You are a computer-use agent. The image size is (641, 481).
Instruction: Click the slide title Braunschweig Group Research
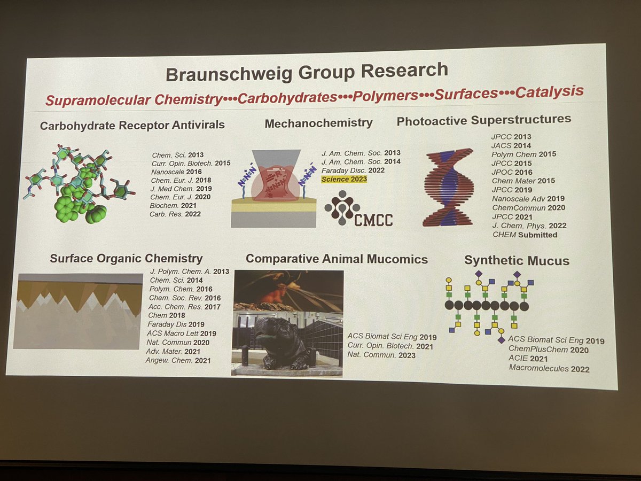pyautogui.click(x=307, y=72)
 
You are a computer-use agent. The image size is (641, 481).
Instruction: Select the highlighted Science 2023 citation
pyautogui.click(x=344, y=179)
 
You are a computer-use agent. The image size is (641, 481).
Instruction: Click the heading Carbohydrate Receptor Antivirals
pyautogui.click(x=132, y=125)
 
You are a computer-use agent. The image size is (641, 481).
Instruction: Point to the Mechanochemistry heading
pyautogui.click(x=318, y=122)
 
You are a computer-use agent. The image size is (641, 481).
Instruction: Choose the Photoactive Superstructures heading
pyautogui.click(x=483, y=120)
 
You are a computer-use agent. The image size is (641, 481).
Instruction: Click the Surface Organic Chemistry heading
pyautogui.click(x=126, y=259)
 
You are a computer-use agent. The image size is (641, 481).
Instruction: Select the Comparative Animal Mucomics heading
pyautogui.click(x=337, y=259)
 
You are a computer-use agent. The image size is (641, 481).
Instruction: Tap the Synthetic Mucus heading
pyautogui.click(x=517, y=261)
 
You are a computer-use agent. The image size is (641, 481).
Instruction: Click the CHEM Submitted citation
pyautogui.click(x=525, y=235)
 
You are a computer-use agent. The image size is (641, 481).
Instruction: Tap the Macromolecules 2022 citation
pyautogui.click(x=549, y=368)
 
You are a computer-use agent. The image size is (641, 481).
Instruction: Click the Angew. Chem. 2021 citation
pyautogui.click(x=178, y=361)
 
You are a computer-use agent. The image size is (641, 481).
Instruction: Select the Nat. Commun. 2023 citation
pyautogui.click(x=381, y=354)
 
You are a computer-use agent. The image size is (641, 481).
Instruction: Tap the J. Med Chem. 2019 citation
pyautogui.click(x=182, y=189)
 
